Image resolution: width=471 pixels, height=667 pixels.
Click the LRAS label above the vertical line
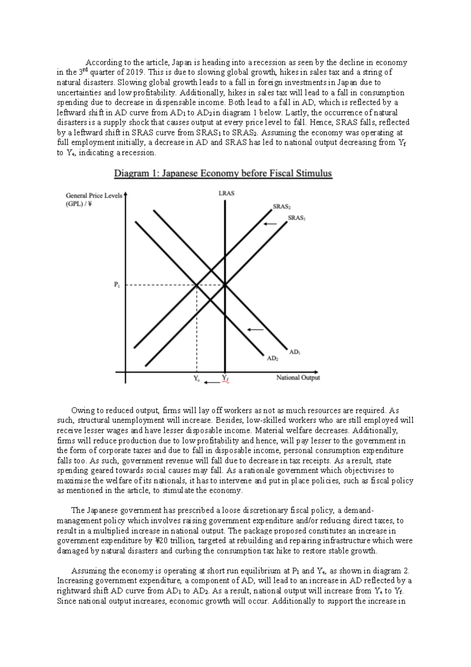pos(226,193)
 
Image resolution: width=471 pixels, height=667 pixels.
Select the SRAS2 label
pos(281,207)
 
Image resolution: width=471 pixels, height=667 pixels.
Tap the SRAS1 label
pos(296,218)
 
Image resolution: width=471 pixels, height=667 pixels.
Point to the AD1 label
pos(295,352)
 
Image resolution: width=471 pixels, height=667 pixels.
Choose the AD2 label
pos(272,359)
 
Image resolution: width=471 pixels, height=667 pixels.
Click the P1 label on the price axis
pos(117,285)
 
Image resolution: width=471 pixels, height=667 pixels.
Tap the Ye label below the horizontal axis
pos(197,379)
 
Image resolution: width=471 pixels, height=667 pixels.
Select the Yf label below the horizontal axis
pos(225,378)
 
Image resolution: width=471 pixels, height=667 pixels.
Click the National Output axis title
pos(298,377)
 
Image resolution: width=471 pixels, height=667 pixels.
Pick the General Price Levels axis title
pos(94,196)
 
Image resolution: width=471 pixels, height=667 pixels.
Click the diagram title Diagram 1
pos(223,173)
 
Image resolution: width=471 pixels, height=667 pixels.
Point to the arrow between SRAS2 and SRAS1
pos(270,224)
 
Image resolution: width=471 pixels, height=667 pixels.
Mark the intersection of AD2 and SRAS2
pos(197,285)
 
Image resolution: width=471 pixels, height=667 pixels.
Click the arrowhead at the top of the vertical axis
pos(126,194)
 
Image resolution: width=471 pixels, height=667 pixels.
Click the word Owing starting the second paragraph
pos(80,410)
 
